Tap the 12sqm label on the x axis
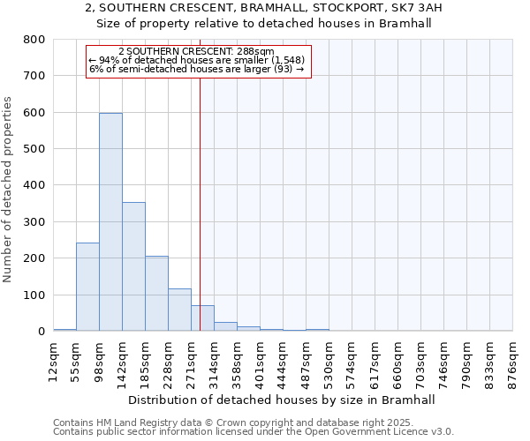[x=54, y=358]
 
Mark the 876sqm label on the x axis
[x=513, y=360]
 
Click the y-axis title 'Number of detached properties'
[x=8, y=202]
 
